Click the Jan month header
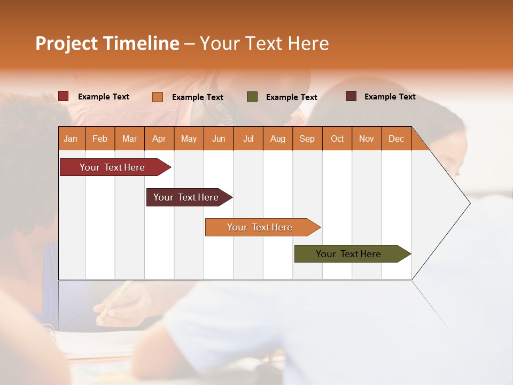click(71, 138)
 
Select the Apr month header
click(159, 138)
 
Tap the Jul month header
click(248, 138)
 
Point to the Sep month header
click(307, 138)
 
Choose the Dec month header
click(396, 138)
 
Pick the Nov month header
click(366, 138)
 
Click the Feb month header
click(100, 138)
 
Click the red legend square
click(63, 96)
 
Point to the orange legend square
click(157, 97)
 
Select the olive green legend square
click(252, 97)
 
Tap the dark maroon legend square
click(351, 96)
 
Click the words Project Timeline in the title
click(107, 43)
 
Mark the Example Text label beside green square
click(291, 97)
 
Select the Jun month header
click(219, 138)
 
